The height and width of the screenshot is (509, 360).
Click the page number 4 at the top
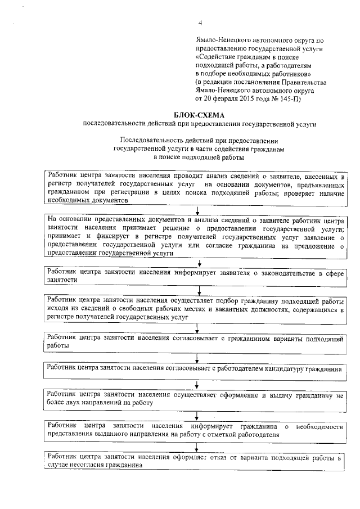(x=199, y=22)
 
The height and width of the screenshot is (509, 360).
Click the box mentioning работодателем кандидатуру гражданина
(x=195, y=369)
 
